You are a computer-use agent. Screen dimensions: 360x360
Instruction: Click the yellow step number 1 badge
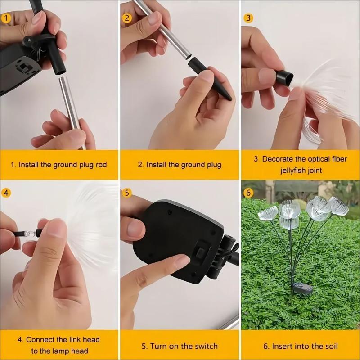[6, 18]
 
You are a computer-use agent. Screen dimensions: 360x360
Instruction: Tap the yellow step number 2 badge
[127, 18]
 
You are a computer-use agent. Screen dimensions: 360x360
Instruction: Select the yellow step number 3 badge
[248, 18]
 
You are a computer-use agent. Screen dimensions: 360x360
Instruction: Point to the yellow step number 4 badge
[6, 193]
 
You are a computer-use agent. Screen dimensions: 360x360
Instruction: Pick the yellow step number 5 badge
[127, 193]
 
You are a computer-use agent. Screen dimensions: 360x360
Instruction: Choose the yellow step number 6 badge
[248, 193]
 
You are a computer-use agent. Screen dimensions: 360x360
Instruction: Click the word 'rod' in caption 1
[101, 165]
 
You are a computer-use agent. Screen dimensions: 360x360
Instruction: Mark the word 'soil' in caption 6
[331, 346]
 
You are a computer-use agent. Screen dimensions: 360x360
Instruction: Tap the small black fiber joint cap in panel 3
[284, 77]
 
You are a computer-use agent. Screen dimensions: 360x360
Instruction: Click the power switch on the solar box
[200, 252]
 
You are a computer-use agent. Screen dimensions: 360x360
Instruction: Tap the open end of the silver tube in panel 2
[188, 56]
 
